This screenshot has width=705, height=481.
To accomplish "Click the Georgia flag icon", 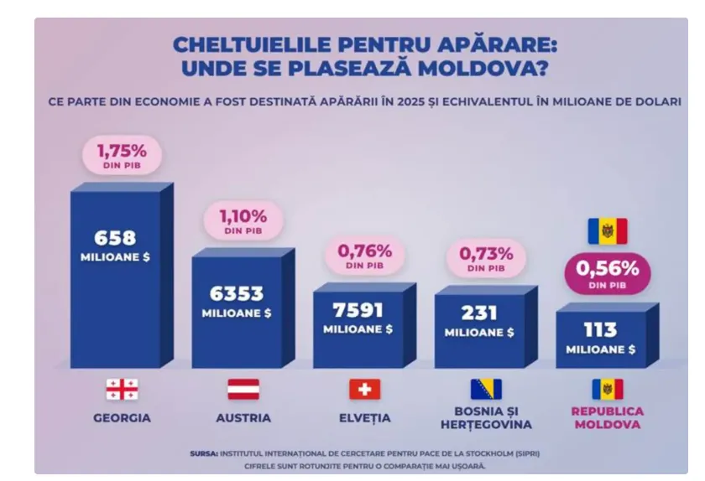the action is [x=122, y=389].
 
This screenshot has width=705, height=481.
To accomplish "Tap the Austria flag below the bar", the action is [x=243, y=389].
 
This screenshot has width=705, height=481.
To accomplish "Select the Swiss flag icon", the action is [x=364, y=389].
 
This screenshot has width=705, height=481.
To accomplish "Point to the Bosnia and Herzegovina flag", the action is [x=486, y=389].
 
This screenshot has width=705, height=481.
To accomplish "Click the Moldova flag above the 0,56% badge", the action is [x=608, y=230].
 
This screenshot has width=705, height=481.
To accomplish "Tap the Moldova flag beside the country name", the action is [x=608, y=389].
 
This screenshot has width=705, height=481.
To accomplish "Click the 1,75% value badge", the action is [x=122, y=155].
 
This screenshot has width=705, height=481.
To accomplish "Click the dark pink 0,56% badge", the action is [x=608, y=273].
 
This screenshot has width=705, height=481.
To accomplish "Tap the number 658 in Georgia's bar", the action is [x=115, y=238].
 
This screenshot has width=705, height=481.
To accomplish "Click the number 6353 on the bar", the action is [x=237, y=294].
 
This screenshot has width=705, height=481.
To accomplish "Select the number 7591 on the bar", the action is [x=358, y=310].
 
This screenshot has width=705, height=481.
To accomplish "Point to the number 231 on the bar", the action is [x=479, y=313].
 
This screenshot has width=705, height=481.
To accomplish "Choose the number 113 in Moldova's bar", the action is [x=601, y=330].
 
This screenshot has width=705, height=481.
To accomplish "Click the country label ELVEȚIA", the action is [x=364, y=418].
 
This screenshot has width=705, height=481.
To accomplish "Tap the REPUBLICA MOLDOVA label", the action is [x=608, y=418].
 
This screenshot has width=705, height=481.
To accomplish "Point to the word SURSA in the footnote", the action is [x=204, y=453].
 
